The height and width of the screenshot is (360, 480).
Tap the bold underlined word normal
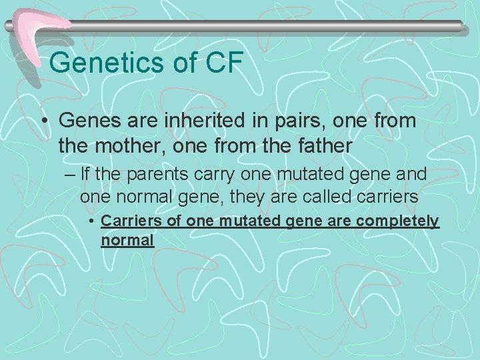(x=127, y=239)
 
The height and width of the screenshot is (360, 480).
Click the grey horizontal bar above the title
(x=267, y=26)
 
